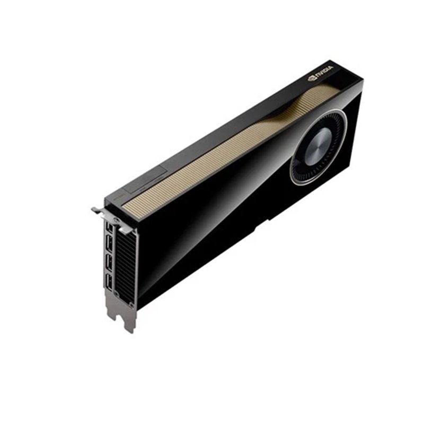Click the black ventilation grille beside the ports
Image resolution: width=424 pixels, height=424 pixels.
pos(125,268)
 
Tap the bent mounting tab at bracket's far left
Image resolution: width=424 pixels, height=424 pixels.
pos(96,210)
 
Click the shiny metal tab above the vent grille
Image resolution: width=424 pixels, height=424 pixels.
pos(125,229)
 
